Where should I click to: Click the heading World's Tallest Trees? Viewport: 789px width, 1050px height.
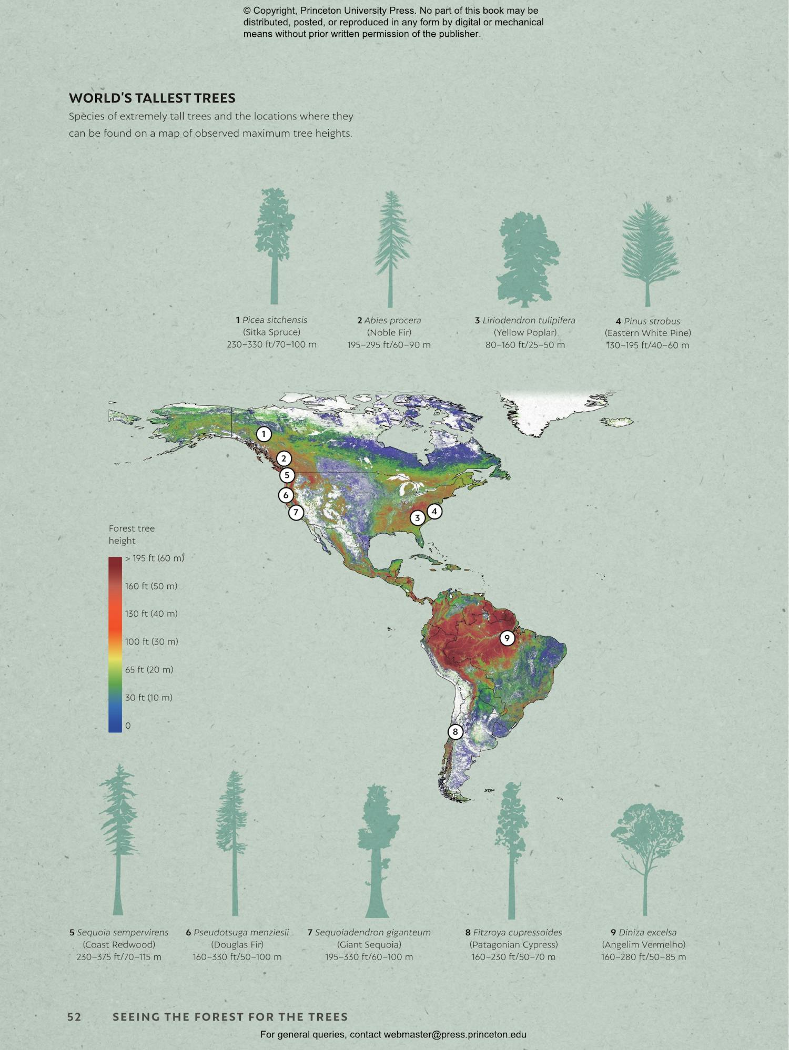point(152,98)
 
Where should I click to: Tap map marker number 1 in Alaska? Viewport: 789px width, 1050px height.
point(264,434)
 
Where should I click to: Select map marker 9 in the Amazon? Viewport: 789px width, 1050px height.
point(507,638)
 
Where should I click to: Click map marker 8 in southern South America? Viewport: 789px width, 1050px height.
point(456,732)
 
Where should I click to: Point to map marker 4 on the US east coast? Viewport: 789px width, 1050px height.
point(434,511)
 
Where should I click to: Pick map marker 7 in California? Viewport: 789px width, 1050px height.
point(296,512)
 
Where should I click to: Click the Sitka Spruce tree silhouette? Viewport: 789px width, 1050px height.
point(274,246)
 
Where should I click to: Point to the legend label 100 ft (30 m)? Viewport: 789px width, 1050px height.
point(151,642)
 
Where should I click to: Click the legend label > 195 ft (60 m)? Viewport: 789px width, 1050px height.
point(155,558)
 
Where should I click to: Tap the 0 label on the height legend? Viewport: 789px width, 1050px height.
point(128,726)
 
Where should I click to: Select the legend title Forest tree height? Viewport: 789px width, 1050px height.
point(131,535)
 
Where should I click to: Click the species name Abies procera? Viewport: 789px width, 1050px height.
point(392,320)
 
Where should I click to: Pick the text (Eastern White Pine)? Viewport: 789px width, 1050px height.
point(648,333)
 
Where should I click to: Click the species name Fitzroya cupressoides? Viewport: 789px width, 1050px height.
point(518,933)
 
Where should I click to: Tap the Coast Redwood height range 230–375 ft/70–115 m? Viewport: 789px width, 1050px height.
point(119,957)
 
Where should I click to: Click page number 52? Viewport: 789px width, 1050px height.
point(74,1017)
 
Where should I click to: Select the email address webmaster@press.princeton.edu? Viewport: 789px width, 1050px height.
point(455,1035)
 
